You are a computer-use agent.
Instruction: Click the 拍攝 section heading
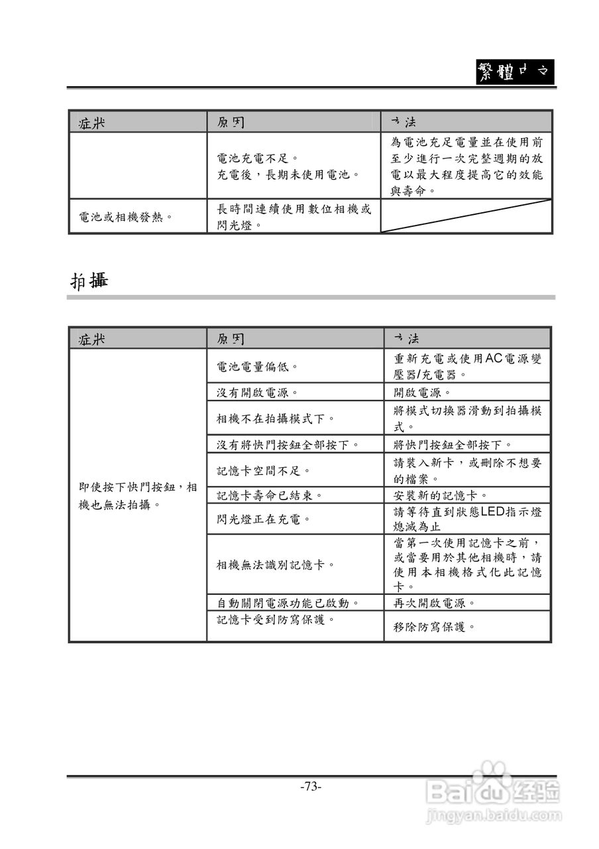tap(89, 281)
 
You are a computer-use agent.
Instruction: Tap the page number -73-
tap(310, 787)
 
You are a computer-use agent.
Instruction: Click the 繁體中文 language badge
tap(515, 72)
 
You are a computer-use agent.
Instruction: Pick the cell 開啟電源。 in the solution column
tap(422, 393)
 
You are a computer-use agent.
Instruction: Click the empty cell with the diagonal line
tap(466, 216)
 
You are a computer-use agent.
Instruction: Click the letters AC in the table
tap(494, 359)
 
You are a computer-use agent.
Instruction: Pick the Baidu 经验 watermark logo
tap(494, 790)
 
